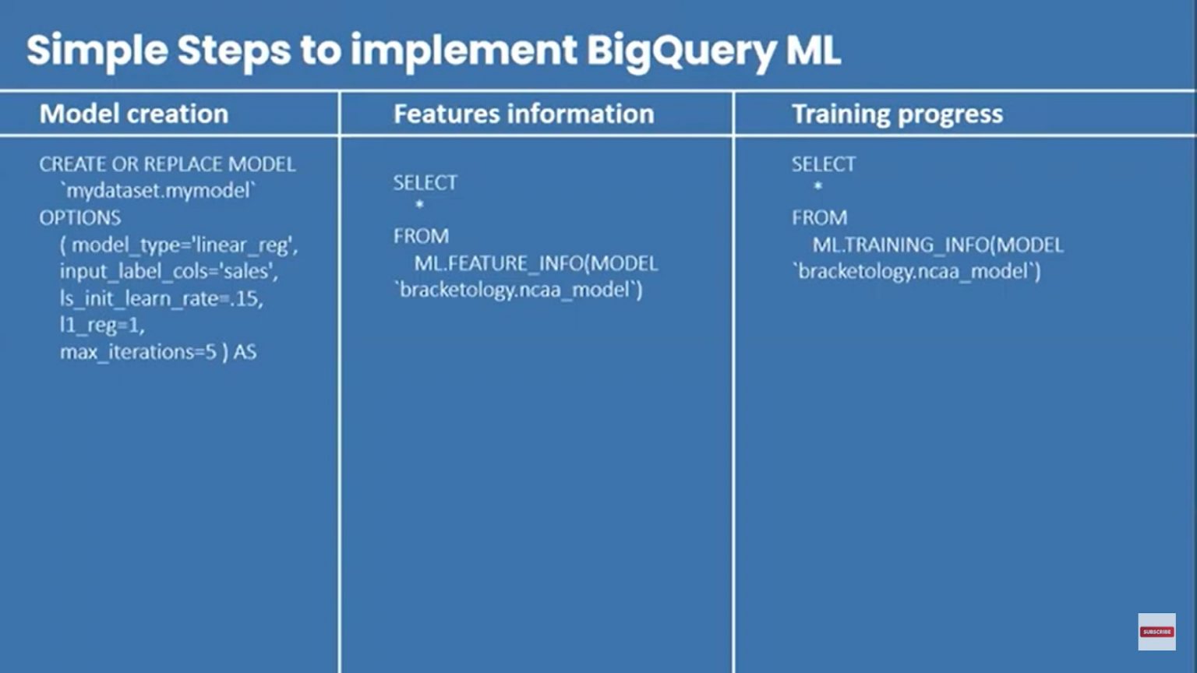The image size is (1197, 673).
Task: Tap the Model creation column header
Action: click(x=134, y=114)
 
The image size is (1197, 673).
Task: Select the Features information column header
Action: click(x=524, y=114)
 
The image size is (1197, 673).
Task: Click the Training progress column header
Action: click(x=897, y=114)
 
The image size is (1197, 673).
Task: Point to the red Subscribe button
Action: click(x=1156, y=632)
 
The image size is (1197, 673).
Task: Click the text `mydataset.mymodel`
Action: click(x=158, y=190)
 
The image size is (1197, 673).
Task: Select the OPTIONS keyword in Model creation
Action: click(x=80, y=217)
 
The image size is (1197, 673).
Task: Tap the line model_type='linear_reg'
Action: click(x=179, y=245)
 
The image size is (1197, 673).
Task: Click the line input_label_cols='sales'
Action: click(x=168, y=271)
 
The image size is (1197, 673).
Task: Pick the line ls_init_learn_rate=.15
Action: click(x=161, y=298)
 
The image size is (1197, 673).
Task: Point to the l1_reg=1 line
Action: click(x=102, y=325)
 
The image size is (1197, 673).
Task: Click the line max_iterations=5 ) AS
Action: click(x=158, y=352)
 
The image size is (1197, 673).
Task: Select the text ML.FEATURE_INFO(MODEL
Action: click(x=536, y=263)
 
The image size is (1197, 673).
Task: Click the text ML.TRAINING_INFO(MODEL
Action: click(x=937, y=245)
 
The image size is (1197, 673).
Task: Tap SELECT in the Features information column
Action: click(x=425, y=182)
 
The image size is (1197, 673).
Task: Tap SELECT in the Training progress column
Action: click(x=824, y=164)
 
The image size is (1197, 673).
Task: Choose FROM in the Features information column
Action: click(x=421, y=236)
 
